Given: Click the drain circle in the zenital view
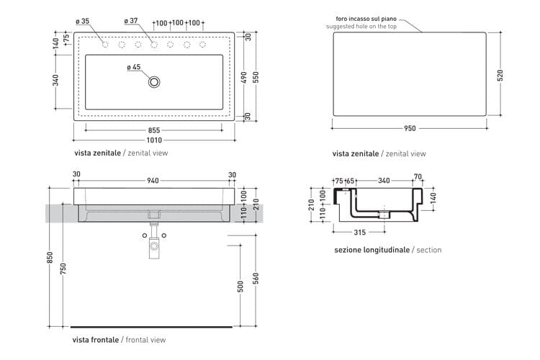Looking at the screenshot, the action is pyautogui.click(x=154, y=78).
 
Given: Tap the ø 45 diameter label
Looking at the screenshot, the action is pyautogui.click(x=134, y=67).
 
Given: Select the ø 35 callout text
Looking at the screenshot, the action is pyautogui.click(x=83, y=22).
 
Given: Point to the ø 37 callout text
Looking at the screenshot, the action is pyautogui.click(x=131, y=21).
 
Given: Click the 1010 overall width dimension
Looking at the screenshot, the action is pyautogui.click(x=154, y=140).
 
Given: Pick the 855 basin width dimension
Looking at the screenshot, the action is pyautogui.click(x=154, y=130).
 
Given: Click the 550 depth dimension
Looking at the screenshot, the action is pyautogui.click(x=256, y=77).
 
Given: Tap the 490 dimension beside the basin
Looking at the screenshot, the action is pyautogui.click(x=244, y=77).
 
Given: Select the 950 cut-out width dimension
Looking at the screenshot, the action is pyautogui.click(x=410, y=128).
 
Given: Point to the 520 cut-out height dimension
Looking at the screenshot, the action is pyautogui.click(x=500, y=75).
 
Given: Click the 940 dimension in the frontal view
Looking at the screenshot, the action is pyautogui.click(x=153, y=181).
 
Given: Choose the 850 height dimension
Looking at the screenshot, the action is pyautogui.click(x=50, y=257).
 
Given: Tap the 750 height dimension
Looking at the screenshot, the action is pyautogui.click(x=63, y=269).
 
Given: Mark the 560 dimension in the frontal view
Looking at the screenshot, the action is pyautogui.click(x=256, y=279).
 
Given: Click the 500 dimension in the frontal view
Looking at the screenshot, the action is pyautogui.click(x=240, y=287).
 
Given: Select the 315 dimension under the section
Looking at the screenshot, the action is pyautogui.click(x=359, y=232).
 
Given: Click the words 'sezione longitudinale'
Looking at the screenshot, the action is pyautogui.click(x=372, y=250).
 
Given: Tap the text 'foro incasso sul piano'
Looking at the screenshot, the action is pyautogui.click(x=366, y=19).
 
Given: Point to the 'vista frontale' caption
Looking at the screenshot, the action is pyautogui.click(x=95, y=340).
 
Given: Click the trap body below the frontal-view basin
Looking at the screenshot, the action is pyautogui.click(x=154, y=246).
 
